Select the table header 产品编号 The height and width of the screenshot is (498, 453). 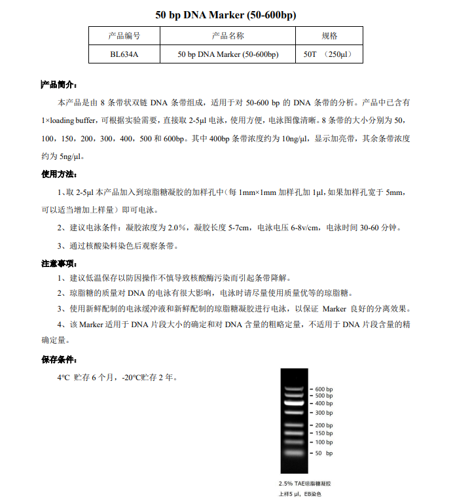pyautogui.click(x=124, y=35)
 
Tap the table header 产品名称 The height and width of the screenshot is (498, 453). pyautogui.click(x=228, y=35)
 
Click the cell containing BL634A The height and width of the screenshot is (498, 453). pyautogui.click(x=124, y=54)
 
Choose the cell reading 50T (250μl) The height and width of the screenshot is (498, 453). pyautogui.click(x=329, y=54)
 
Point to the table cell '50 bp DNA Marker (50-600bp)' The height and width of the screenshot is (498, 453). pyautogui.click(x=228, y=54)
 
